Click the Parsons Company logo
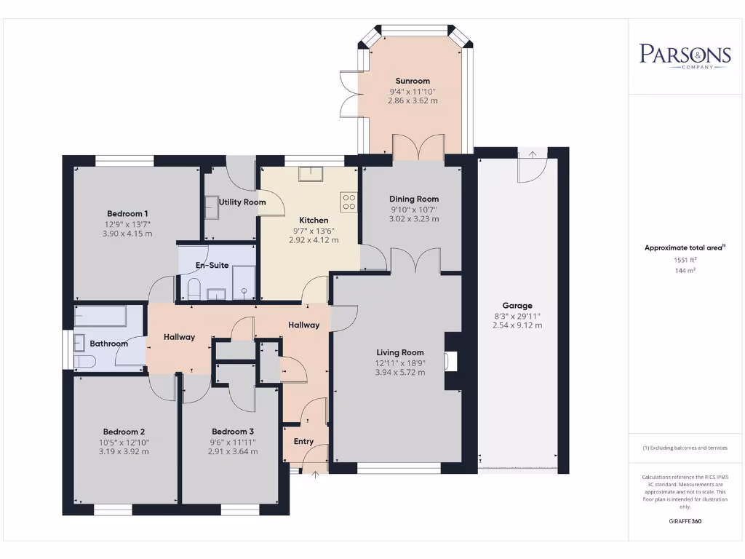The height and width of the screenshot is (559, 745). pos(685,56)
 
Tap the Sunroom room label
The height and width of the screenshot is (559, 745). pos(413,81)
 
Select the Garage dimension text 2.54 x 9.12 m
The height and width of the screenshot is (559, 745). pos(517,325)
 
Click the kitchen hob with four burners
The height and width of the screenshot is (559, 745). pos(349,201)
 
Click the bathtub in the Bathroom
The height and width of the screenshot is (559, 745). pos(100,317)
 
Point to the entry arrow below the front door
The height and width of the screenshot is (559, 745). pos(315,475)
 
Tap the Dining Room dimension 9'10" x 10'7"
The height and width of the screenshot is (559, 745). pos(414,209)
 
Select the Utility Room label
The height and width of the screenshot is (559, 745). pos(237,202)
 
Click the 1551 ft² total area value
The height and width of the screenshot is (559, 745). pos(684,260)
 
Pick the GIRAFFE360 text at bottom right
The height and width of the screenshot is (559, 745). pos(685,521)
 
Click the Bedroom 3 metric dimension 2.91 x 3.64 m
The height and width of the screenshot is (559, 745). pos(233,451)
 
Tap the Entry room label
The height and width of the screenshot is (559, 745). pos(303,442)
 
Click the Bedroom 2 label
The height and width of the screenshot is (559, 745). pos(124,431)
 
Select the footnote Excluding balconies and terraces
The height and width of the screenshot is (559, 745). pos(685,448)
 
